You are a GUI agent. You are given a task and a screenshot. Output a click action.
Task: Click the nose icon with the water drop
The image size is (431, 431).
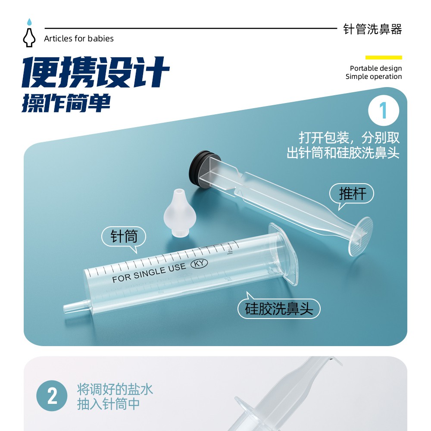29,33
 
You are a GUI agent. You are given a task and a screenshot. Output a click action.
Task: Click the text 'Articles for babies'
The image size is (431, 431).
79,39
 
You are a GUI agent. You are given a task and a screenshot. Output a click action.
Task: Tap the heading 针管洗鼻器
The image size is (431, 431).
372,29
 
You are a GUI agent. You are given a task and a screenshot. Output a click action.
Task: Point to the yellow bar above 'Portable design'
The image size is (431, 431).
384,57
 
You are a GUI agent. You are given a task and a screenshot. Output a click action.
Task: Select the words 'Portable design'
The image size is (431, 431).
376,68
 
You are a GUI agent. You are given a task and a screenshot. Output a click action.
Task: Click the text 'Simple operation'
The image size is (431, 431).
374,77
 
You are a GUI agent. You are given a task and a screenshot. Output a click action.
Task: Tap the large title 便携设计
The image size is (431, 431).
95,72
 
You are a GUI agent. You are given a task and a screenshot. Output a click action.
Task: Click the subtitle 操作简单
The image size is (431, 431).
66,103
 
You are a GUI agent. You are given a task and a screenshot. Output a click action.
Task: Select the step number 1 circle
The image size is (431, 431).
384,110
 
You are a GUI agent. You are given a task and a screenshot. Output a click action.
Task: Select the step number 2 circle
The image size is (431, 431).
52,396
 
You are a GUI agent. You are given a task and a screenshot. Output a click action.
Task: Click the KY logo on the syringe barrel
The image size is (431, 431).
199,263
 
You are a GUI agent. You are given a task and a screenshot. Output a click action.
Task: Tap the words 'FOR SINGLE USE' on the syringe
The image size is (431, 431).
149,273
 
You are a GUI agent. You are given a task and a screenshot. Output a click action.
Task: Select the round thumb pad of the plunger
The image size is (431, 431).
360,236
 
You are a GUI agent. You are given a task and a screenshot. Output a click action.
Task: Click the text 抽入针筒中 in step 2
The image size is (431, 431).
108,404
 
